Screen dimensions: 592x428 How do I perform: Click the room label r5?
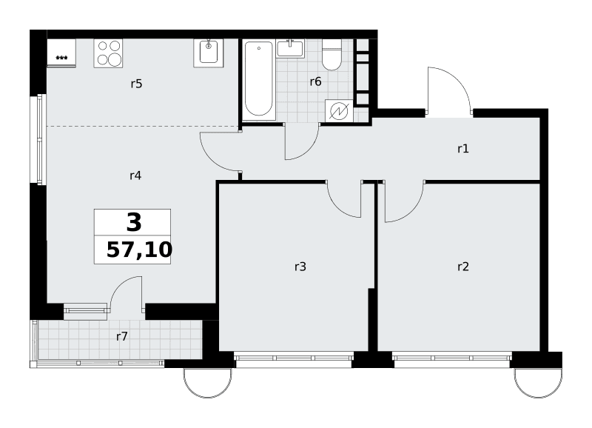(x=136, y=84)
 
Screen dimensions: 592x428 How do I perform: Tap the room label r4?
(x=135, y=175)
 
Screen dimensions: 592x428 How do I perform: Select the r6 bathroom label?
(x=316, y=81)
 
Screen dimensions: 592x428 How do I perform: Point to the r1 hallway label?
(x=463, y=149)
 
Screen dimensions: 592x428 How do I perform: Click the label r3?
(x=300, y=267)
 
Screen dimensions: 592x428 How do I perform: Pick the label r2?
(x=463, y=267)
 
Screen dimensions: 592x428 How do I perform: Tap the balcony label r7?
(x=122, y=336)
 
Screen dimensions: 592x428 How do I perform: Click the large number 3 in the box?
(x=134, y=222)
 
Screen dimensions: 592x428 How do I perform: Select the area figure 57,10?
(x=139, y=250)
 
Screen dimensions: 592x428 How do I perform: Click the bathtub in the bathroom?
(x=259, y=80)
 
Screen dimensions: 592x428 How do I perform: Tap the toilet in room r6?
(x=332, y=55)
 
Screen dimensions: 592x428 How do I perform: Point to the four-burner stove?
(x=108, y=53)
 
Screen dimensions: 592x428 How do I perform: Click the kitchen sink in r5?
(x=209, y=53)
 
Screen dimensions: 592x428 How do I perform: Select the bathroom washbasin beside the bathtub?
(x=290, y=48)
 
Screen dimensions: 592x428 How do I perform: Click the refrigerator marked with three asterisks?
(x=61, y=53)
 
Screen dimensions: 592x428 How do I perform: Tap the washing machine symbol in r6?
(x=339, y=111)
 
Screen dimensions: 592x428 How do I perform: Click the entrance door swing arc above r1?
(x=457, y=81)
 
